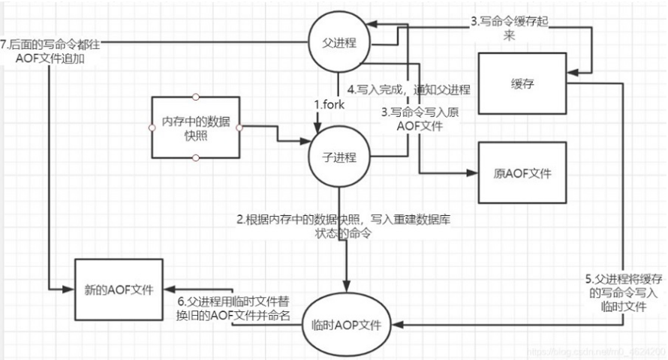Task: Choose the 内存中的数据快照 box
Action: pyautogui.click(x=195, y=127)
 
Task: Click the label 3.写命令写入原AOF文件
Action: pyautogui.click(x=411, y=121)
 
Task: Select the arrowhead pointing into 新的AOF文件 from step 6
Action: pyautogui.click(x=170, y=293)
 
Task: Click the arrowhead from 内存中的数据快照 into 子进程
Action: pyautogui.click(x=304, y=141)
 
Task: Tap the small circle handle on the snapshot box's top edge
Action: pyautogui.click(x=195, y=97)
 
